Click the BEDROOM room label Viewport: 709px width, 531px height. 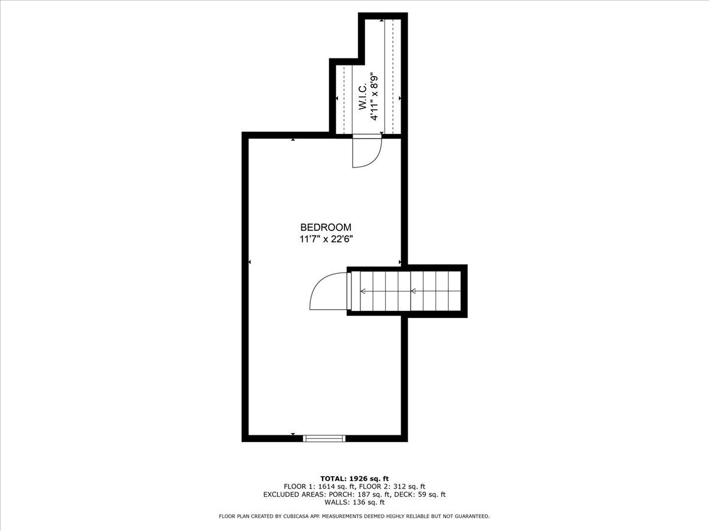point(326,227)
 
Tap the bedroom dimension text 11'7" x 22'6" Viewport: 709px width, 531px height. point(326,240)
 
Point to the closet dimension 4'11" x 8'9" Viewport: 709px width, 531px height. point(374,96)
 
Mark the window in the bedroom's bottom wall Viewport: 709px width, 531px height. point(324,438)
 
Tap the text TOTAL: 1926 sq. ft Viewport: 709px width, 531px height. point(354,478)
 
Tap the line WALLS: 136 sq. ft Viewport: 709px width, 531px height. point(354,503)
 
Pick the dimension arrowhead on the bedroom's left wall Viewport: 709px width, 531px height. point(251,262)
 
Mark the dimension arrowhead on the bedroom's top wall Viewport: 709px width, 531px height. point(294,140)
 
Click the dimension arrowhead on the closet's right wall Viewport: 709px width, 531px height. point(399,98)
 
